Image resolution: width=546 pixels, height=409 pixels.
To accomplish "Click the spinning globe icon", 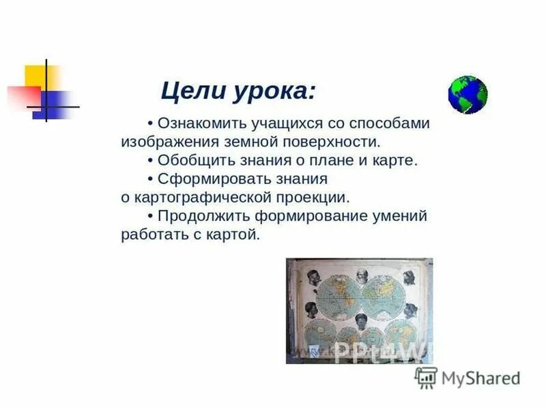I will point(468,95).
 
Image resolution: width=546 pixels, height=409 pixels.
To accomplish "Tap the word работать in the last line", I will point(152,234).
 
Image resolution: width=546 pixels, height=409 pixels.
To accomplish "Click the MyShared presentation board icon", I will point(427,377).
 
